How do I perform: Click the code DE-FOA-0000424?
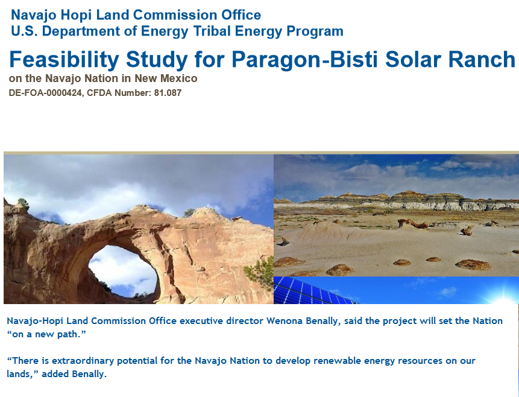pyautogui.click(x=46, y=93)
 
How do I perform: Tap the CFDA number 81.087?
pyautogui.click(x=168, y=93)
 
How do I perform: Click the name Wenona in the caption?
pyautogui.click(x=285, y=321)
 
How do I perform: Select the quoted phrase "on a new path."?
pyautogui.click(x=46, y=334)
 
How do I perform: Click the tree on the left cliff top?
pyautogui.click(x=23, y=203)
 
